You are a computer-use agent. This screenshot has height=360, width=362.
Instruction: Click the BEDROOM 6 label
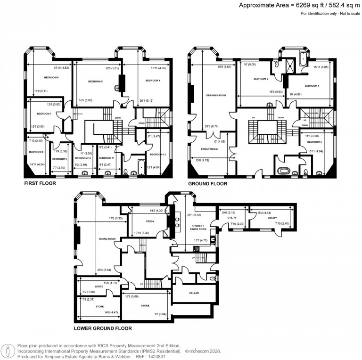(x=51, y=77)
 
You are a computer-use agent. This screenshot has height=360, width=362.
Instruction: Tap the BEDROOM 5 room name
(x=95, y=82)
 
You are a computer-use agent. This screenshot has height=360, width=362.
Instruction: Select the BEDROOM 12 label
(x=158, y=154)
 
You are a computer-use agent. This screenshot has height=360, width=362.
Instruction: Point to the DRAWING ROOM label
(x=216, y=95)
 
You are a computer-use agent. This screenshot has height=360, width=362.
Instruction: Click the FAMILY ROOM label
(x=209, y=148)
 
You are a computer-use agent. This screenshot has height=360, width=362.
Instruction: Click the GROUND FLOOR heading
(x=207, y=183)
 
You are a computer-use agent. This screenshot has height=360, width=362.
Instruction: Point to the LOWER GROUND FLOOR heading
(x=103, y=328)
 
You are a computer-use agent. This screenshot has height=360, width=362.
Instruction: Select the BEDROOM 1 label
(x=312, y=86)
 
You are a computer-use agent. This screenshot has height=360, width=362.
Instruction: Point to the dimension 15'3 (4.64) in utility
(x=261, y=213)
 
